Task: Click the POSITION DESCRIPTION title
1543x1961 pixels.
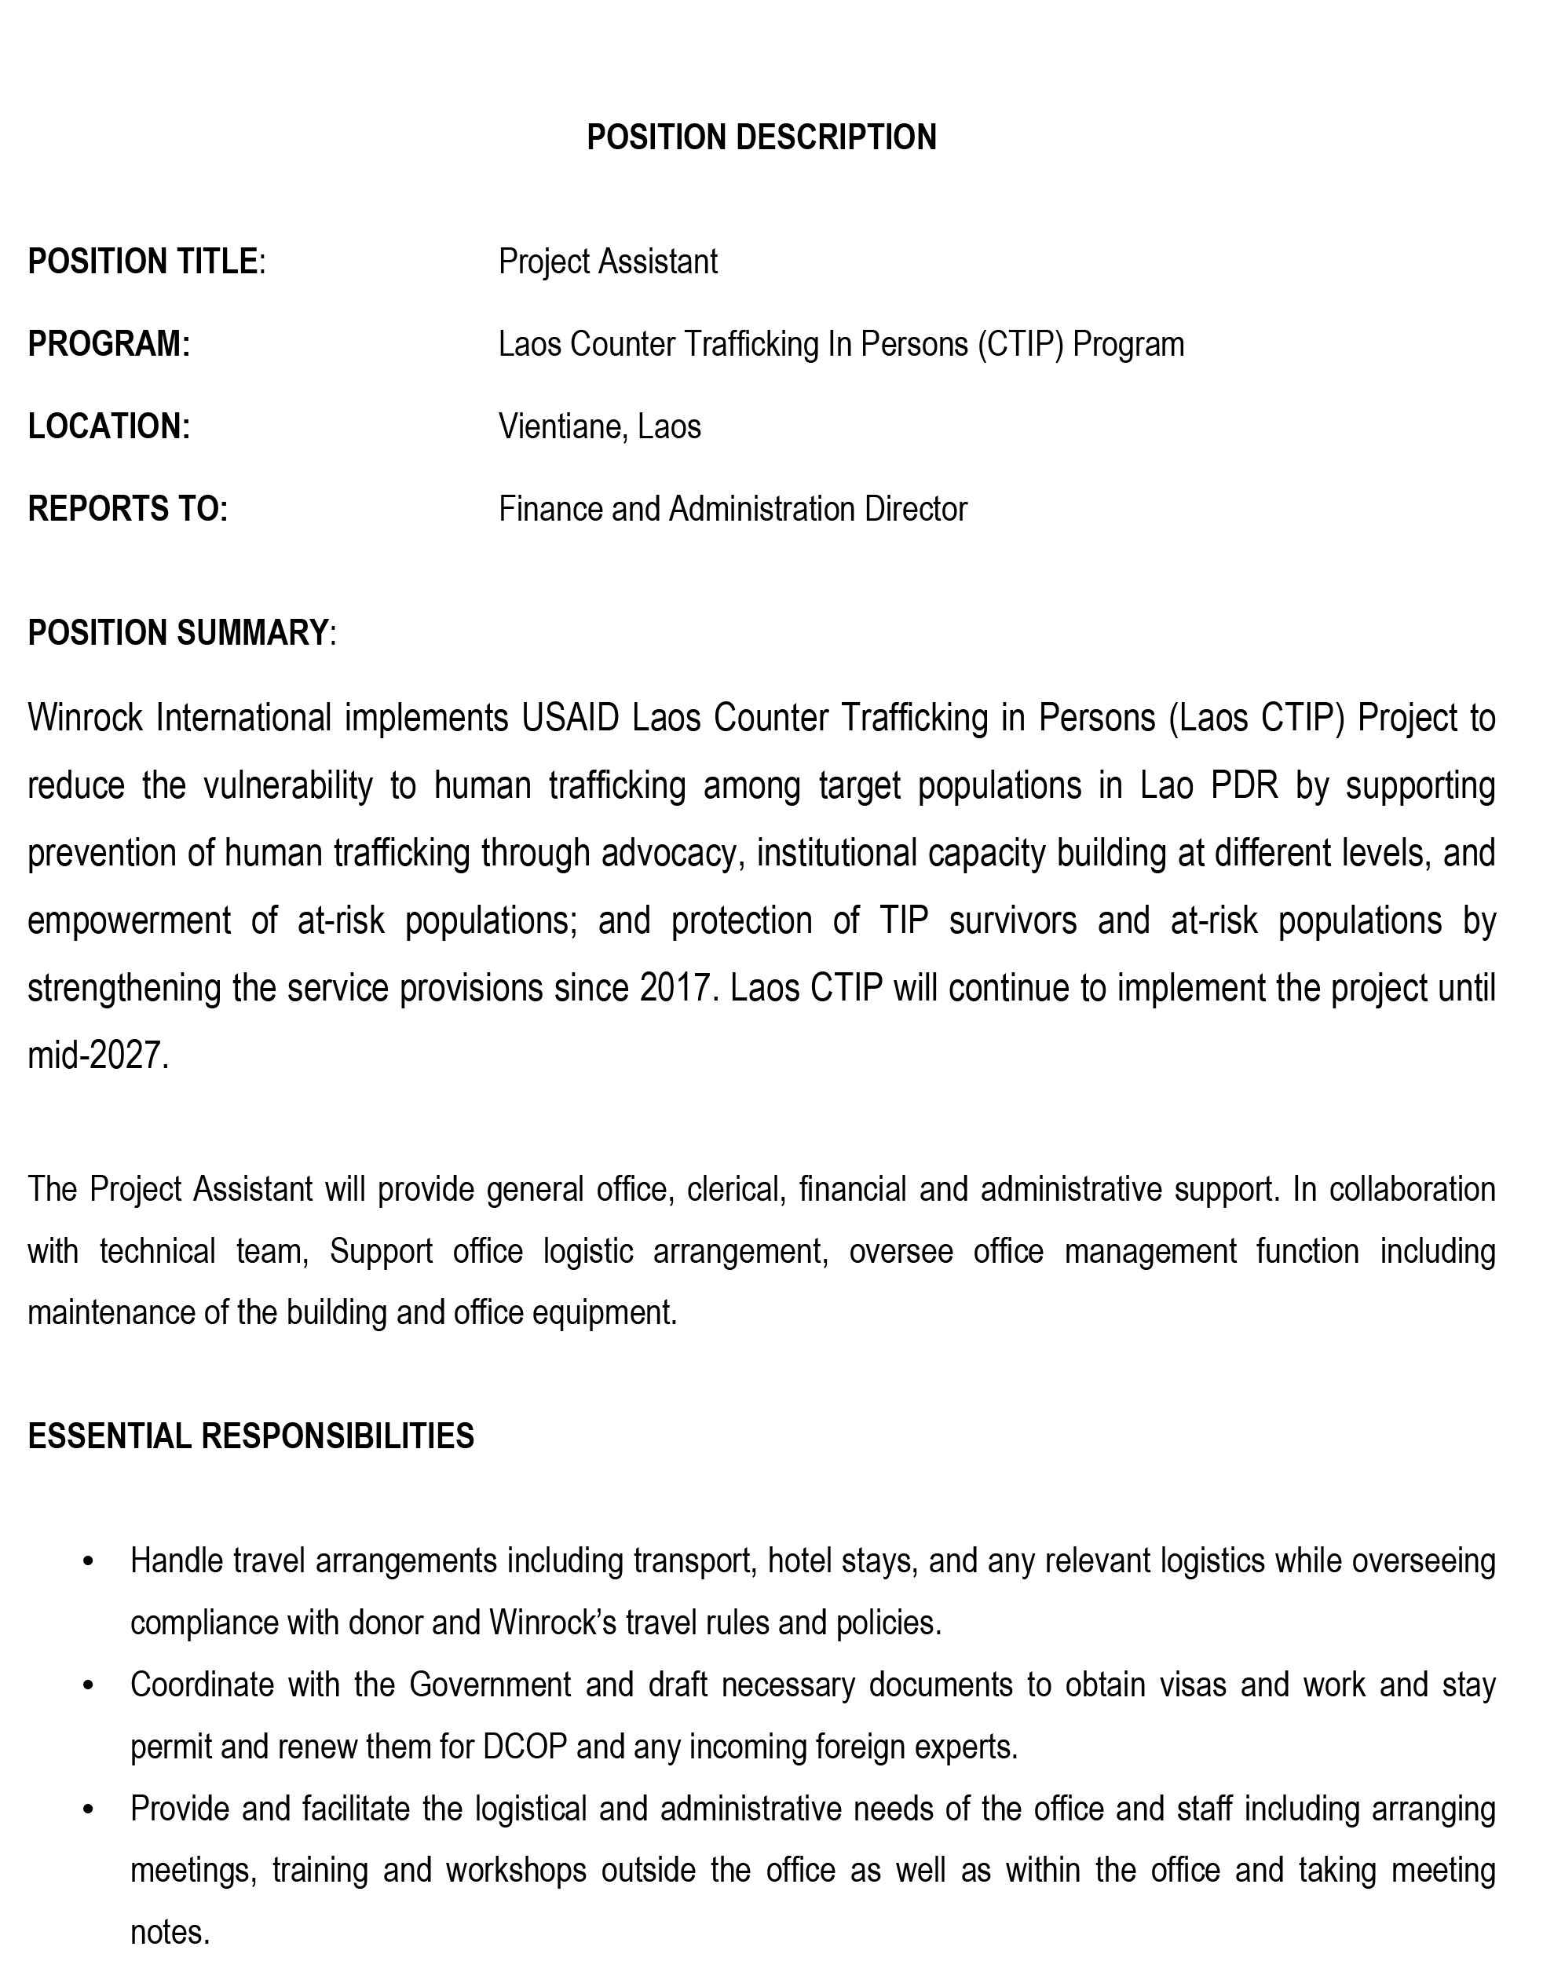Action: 761,137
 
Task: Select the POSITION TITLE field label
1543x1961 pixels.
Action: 143,262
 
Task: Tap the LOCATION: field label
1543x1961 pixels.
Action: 108,426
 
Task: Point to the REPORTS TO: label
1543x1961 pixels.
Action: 127,509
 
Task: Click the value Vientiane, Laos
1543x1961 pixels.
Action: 599,426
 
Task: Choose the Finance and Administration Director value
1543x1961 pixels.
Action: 732,509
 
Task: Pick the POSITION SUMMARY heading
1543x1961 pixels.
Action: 177,632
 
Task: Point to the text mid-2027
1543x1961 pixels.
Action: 97,1055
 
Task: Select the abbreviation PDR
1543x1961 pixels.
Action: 1244,785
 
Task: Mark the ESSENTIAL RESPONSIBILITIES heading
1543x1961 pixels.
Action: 250,1436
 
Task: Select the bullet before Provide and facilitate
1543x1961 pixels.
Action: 88,1809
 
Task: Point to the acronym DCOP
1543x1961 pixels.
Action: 524,1747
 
